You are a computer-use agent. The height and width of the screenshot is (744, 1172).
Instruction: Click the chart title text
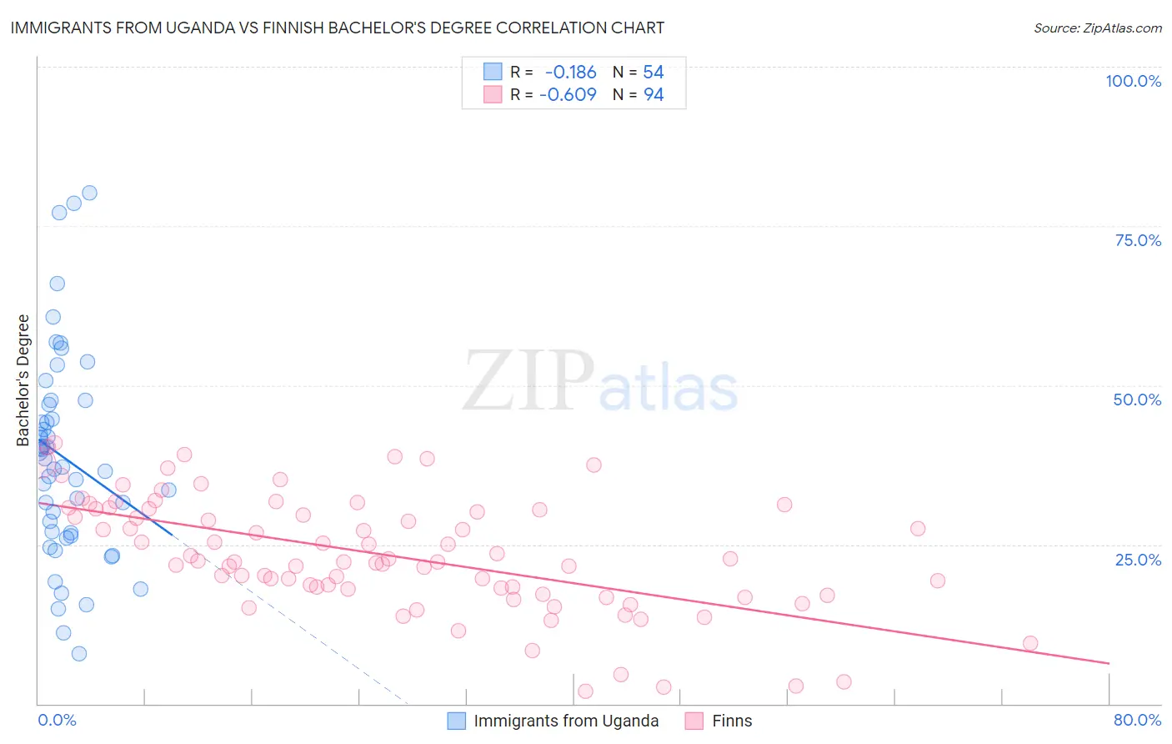pos(338,28)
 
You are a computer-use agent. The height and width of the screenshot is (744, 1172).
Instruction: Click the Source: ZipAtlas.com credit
pos(1097,28)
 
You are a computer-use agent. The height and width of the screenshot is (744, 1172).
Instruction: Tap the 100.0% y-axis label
pos(1133,81)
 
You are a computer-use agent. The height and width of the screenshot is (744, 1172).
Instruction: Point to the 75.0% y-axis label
pos(1138,240)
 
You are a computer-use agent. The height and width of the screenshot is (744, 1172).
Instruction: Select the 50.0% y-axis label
pos(1137,400)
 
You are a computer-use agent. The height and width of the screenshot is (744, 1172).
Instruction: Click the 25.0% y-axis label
pos(1138,560)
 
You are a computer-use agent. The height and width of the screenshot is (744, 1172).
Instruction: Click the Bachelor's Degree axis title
pos(23,380)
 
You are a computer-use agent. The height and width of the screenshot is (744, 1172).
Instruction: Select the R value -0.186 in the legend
pos(570,73)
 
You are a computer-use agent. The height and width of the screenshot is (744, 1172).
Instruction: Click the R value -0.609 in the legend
pos(568,95)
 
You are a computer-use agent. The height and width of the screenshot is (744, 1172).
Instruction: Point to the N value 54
pos(654,73)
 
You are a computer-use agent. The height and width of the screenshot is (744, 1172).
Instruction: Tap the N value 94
pos(654,95)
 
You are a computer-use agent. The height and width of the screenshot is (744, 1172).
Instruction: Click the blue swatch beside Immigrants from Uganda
pos(456,721)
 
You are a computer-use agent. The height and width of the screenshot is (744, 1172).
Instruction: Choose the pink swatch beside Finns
pos(694,721)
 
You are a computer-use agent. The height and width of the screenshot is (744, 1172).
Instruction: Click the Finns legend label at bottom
pos(732,721)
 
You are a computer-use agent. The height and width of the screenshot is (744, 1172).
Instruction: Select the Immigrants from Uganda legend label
pos(566,721)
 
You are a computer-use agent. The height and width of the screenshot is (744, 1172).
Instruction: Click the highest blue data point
pos(89,193)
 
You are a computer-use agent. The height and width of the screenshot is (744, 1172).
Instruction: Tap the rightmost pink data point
pos(1030,643)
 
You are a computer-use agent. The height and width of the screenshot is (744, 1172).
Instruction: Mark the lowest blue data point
pos(79,654)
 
